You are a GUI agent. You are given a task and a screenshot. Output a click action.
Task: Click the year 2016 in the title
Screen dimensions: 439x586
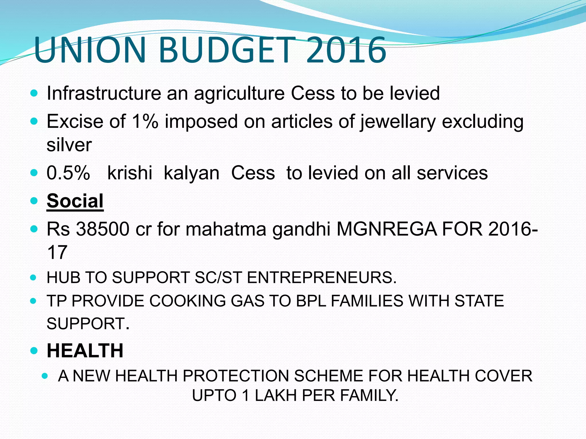[x=346, y=50]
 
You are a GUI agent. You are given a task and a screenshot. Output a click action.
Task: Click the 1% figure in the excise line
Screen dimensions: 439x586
[x=145, y=121]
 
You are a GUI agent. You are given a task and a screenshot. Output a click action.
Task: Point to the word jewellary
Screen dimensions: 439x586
[x=398, y=122]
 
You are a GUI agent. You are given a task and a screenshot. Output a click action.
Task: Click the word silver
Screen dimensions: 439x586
[x=69, y=145]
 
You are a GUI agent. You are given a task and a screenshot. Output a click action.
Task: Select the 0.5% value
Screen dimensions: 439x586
[x=68, y=173]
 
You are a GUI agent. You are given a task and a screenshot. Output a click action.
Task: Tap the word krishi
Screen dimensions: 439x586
[x=130, y=173]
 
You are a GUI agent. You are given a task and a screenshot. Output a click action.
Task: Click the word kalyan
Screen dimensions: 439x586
[x=191, y=173]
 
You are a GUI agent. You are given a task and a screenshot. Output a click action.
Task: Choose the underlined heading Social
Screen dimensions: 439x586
[x=75, y=201]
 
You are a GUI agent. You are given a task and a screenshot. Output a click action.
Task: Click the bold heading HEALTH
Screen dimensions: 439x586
[x=85, y=350]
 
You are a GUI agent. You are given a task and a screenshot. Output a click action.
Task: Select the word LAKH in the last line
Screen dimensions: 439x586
[x=276, y=396]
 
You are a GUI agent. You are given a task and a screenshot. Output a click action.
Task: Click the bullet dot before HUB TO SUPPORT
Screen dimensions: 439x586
[x=33, y=277]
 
